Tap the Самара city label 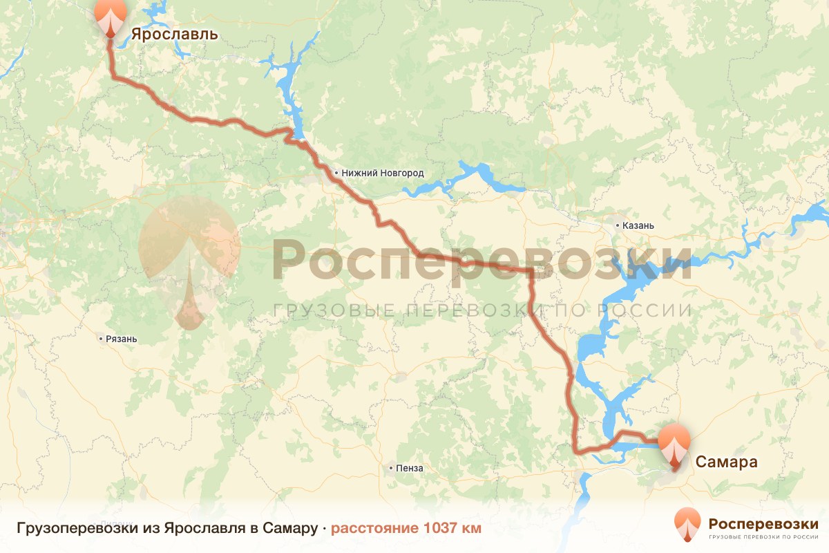[726, 462]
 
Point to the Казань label [638, 225]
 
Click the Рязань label [122, 339]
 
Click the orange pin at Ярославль [111, 17]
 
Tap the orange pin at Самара [674, 447]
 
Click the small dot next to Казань [618, 225]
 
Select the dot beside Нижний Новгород [336, 174]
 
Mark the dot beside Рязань [102, 339]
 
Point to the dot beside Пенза [392, 468]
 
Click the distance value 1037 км [453, 529]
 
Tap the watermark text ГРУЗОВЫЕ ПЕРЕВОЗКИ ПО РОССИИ [482, 310]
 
